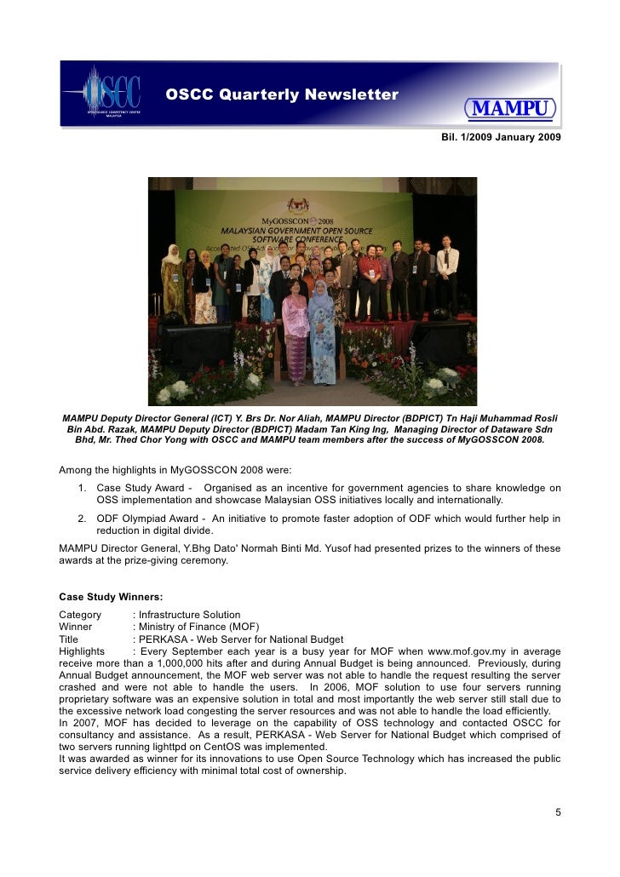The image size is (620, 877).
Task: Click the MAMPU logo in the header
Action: [510, 110]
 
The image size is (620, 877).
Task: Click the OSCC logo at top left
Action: [104, 95]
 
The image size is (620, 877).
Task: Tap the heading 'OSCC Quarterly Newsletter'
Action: [282, 95]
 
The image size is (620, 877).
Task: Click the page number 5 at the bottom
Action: [558, 812]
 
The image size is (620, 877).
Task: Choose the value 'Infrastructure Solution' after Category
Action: [190, 614]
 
